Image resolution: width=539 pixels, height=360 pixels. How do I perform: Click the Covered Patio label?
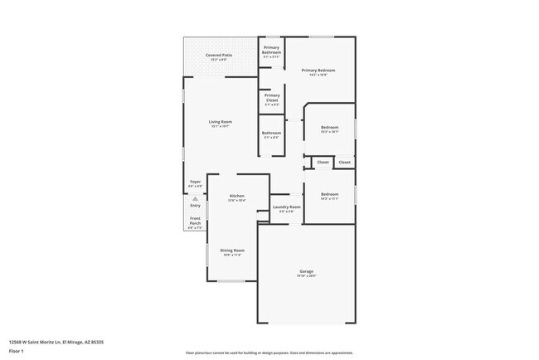219,55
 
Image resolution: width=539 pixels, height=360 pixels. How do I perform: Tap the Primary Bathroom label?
272,50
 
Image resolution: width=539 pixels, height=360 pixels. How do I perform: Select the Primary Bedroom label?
318,71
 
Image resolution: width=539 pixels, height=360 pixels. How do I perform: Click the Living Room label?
220,122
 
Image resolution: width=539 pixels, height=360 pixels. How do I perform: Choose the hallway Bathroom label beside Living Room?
272,133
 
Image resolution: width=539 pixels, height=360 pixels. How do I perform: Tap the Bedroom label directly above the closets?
329,127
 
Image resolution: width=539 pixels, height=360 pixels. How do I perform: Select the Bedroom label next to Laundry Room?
329,194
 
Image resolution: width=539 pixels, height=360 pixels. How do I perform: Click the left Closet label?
323,163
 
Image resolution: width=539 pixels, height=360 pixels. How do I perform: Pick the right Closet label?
344,163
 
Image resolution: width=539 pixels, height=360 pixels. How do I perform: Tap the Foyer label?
195,181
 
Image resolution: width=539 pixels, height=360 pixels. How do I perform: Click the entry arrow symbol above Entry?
195,199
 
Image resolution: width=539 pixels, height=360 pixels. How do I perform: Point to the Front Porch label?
195,220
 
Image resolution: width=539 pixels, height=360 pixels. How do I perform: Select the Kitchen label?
237,197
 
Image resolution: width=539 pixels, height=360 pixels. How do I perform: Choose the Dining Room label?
232,251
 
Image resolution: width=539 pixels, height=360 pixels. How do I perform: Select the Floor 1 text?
17,351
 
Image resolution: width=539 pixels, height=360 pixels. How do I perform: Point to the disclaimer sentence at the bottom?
269,353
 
